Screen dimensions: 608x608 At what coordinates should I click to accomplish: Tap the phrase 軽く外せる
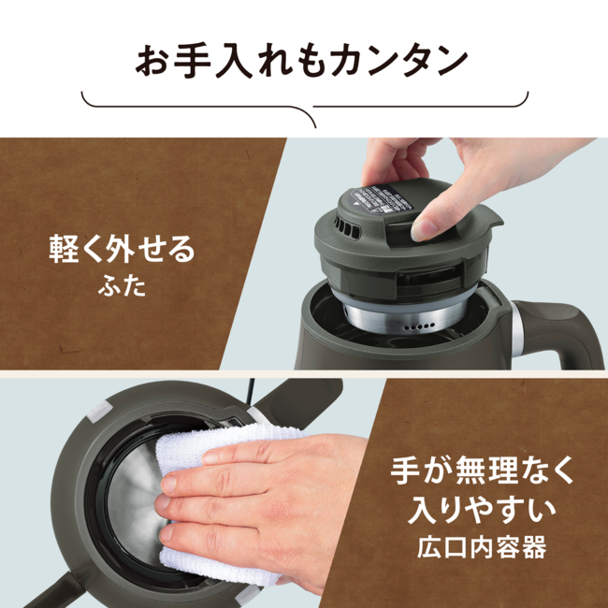[122, 252]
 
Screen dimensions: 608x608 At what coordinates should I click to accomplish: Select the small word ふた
[122, 284]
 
